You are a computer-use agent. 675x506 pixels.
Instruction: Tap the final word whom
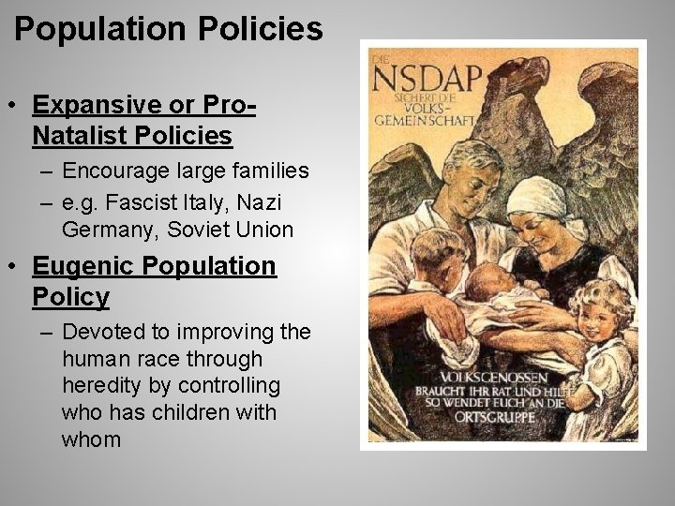pos(91,439)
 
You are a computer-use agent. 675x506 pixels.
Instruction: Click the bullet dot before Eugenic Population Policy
pos(19,266)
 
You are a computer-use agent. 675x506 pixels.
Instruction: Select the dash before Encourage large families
pos(47,171)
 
